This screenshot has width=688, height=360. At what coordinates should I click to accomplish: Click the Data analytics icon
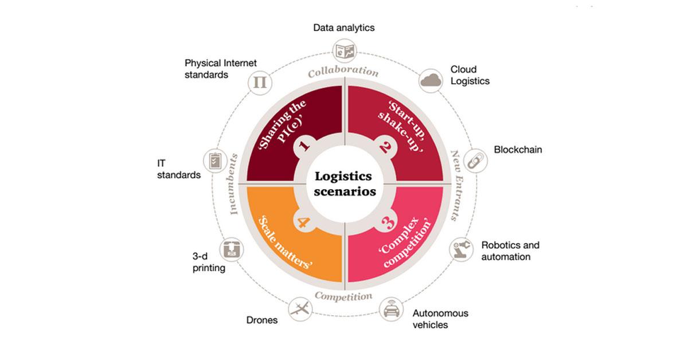point(345,51)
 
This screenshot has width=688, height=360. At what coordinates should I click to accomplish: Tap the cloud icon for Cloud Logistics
point(431,81)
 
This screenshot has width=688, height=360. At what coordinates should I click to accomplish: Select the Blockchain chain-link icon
point(475,161)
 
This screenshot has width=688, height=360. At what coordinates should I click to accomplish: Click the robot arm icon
point(462,249)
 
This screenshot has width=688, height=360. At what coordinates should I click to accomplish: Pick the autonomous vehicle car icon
point(391,309)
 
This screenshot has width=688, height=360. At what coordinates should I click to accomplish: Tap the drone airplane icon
point(300,309)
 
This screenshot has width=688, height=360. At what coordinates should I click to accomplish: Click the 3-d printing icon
point(232,249)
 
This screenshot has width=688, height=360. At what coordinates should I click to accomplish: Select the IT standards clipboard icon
point(216,161)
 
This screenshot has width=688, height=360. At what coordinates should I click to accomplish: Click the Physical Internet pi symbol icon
point(260,83)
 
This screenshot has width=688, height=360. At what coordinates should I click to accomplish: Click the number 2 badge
point(385,147)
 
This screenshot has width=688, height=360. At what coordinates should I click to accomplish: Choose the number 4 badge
point(304,222)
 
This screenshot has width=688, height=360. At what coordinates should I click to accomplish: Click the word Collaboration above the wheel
point(343,71)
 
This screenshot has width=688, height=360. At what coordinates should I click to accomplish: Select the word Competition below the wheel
point(343,296)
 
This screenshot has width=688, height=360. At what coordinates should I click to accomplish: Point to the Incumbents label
point(233,185)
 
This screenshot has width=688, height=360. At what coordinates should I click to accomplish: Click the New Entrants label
point(457,186)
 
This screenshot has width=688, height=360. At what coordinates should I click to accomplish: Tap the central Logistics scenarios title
point(345,183)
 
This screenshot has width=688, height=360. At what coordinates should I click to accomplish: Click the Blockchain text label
point(518,150)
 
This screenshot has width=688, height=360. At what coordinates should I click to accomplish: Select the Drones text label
point(262,320)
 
